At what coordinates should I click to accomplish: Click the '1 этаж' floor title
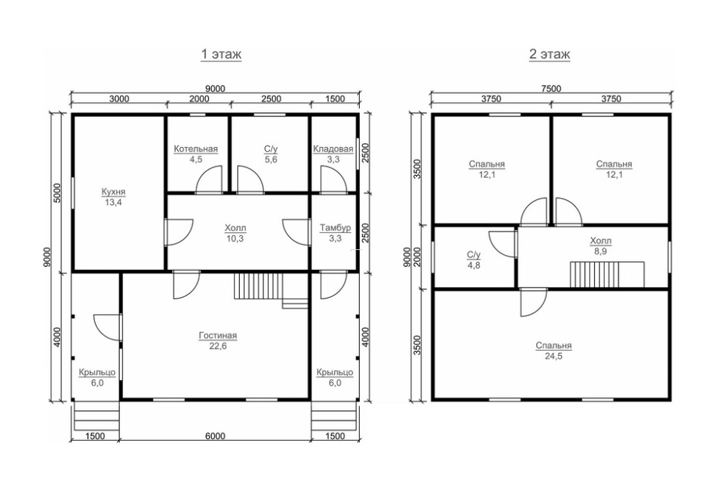point(221,54)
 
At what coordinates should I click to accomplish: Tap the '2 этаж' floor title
point(550,54)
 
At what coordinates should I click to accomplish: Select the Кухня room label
point(114,192)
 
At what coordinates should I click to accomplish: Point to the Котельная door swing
point(209,180)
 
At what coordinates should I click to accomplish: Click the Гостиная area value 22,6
point(218,346)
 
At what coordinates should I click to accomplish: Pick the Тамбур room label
point(335,228)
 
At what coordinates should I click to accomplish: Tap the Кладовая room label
point(333,149)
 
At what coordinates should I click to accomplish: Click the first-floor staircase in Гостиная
point(258,286)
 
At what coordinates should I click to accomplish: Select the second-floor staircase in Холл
point(608,274)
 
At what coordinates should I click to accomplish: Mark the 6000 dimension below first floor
point(215,436)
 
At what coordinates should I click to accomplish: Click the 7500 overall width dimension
point(551,89)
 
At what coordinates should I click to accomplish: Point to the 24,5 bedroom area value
point(554,356)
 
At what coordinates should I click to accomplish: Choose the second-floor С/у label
point(473,255)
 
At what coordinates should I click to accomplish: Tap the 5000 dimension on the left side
point(57,194)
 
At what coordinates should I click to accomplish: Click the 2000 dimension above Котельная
point(199,99)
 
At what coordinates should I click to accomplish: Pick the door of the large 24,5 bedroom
point(533,302)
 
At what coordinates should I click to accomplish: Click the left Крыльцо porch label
point(97,372)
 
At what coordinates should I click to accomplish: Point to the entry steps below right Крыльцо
point(335,416)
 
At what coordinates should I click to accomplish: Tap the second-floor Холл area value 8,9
point(600,251)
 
